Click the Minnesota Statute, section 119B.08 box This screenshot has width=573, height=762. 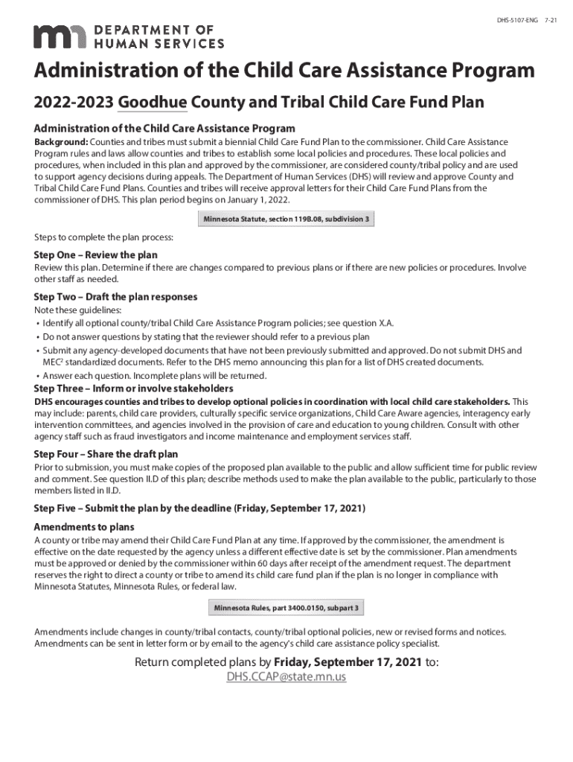point(286,220)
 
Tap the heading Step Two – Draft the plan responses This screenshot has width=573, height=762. point(115,297)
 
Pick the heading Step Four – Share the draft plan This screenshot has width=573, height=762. point(106,454)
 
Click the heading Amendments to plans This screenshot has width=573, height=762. point(82,527)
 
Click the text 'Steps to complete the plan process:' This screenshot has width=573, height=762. point(103,237)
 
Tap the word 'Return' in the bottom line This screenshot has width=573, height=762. point(154,662)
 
